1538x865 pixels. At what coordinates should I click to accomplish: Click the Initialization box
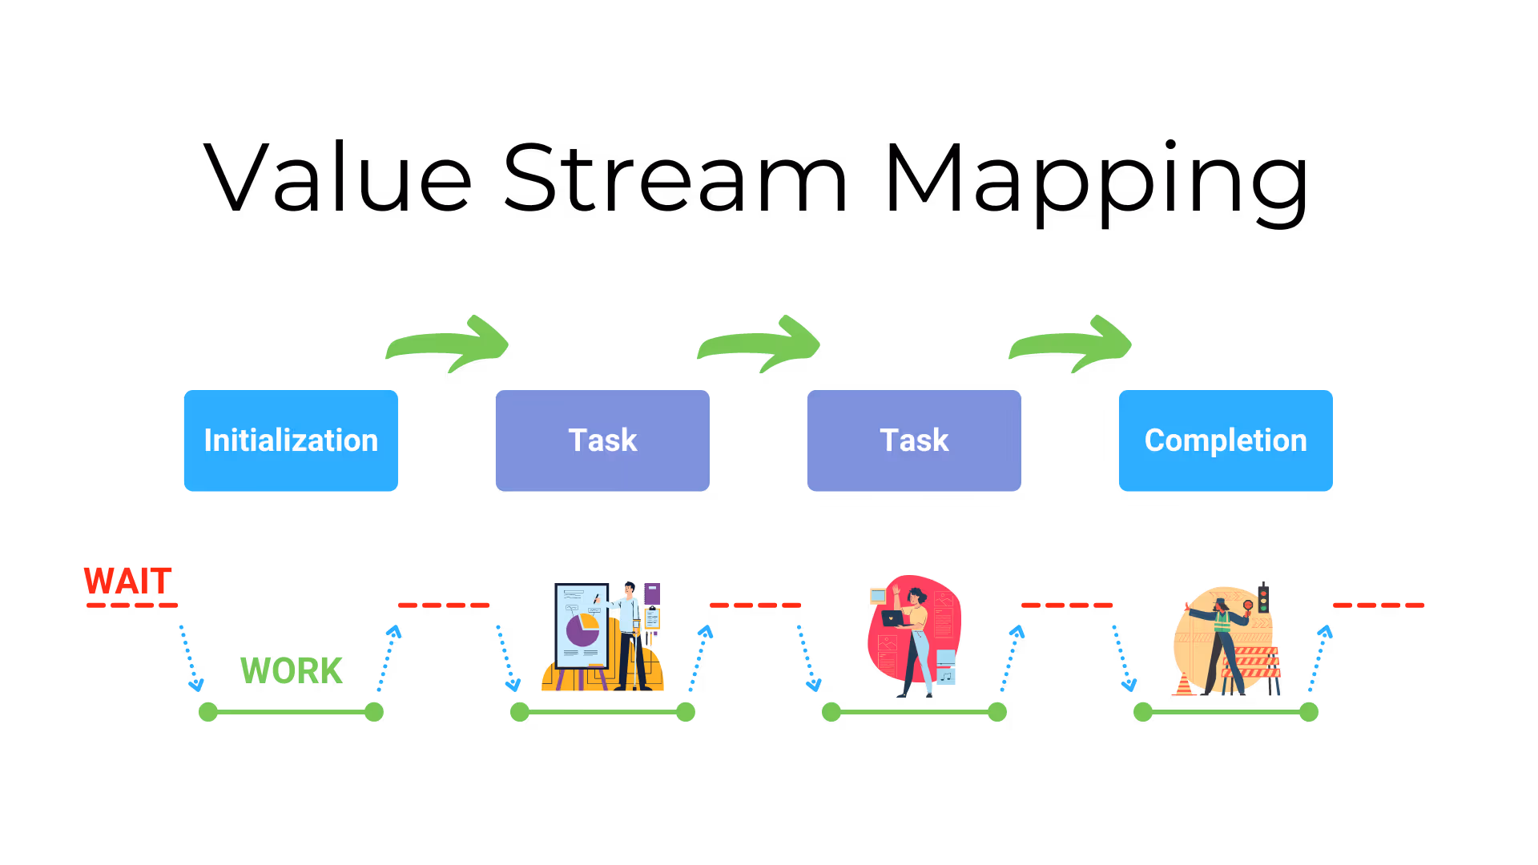point(290,441)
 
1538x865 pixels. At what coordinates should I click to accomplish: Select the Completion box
point(1225,441)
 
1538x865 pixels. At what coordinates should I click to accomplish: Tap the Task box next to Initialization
point(602,441)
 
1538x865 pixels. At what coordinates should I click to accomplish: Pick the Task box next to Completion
point(913,441)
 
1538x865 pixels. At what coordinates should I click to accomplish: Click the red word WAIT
point(128,581)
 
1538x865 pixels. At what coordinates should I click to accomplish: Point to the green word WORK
point(292,670)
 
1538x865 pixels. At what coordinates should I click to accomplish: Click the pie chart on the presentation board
point(583,630)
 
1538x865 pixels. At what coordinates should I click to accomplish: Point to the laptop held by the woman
point(892,618)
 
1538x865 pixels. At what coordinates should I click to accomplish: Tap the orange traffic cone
point(1184,686)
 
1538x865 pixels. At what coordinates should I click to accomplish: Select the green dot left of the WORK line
point(208,711)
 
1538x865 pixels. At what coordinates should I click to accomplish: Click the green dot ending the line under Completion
point(1308,711)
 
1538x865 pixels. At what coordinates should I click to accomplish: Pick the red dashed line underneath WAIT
point(132,605)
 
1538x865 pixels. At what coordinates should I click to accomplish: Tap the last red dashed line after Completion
point(1378,605)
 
